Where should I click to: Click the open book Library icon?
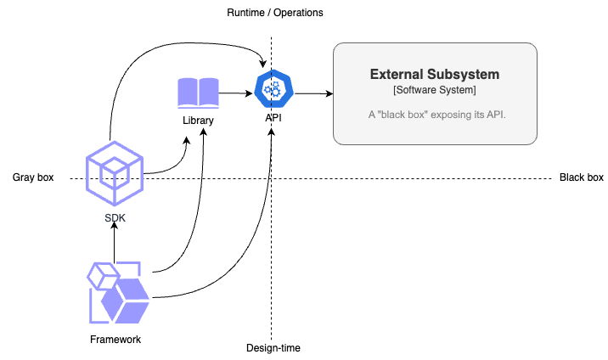click(198, 93)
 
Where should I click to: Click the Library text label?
click(198, 121)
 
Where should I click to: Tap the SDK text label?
click(114, 219)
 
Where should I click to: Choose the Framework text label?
click(115, 340)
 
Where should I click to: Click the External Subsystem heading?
click(435, 75)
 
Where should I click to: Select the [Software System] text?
click(435, 91)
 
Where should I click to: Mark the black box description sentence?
click(435, 114)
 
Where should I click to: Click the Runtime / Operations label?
click(275, 14)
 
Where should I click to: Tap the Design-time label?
click(273, 348)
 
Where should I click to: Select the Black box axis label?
click(582, 177)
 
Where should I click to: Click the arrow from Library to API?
click(237, 93)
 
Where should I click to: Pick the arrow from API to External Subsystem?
click(312, 93)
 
